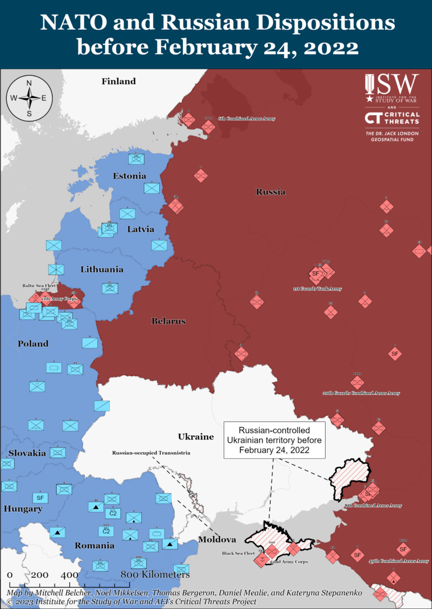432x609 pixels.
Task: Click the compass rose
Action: [29, 97]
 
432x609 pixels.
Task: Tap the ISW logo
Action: [391, 88]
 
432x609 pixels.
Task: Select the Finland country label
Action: [119, 81]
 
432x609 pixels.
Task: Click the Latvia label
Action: [141, 229]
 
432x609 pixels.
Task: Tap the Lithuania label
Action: [102, 269]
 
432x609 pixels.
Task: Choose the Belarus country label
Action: [168, 321]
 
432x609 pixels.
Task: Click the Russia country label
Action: [271, 192]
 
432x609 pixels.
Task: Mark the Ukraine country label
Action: [196, 437]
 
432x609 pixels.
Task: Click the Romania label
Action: [94, 546]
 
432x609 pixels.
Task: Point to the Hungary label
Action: [23, 509]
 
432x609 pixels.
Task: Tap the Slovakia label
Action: [27, 453]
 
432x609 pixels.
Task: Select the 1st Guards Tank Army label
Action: [317, 289]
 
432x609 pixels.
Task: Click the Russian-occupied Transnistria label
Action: [151, 452]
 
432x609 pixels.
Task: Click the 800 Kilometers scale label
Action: [155, 575]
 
